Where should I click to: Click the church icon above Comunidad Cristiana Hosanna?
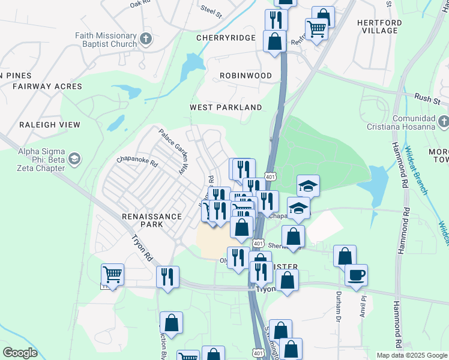[x=443, y=121]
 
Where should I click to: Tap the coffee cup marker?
[x=356, y=274]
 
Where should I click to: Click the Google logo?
[x=20, y=352]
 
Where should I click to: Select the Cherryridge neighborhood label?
[x=226, y=37]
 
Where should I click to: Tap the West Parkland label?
[x=226, y=107]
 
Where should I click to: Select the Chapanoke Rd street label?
[x=137, y=163]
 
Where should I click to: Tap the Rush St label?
[x=427, y=97]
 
